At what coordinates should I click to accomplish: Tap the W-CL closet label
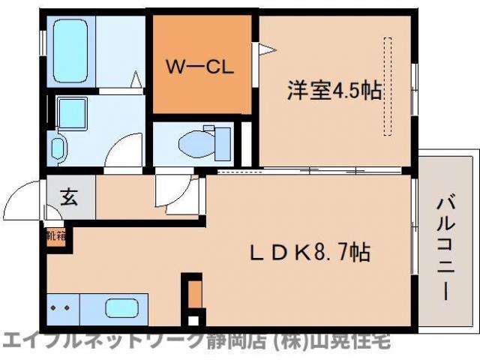pyautogui.click(x=201, y=65)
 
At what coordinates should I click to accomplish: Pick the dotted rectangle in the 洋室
pyautogui.click(x=388, y=86)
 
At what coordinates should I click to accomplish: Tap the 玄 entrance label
pyautogui.click(x=69, y=199)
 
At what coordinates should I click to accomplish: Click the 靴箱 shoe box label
pyautogui.click(x=55, y=236)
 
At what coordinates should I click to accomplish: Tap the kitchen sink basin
pyautogui.click(x=120, y=308)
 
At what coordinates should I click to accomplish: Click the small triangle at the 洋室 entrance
pyautogui.click(x=265, y=50)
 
